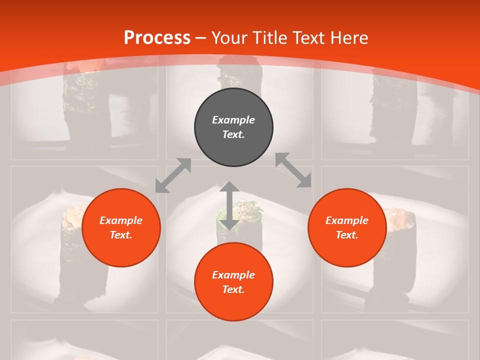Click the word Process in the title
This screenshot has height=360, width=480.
[157, 37]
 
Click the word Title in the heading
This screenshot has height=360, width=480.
[270, 37]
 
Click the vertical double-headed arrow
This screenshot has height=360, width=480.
[229, 205]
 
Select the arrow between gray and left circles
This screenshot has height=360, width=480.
[173, 175]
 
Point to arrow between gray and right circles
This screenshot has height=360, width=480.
[293, 170]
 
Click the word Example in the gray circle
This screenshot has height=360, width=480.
[233, 120]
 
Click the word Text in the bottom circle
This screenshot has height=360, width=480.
[233, 289]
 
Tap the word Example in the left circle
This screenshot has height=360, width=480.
[121, 220]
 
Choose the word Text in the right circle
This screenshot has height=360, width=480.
[346, 235]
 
